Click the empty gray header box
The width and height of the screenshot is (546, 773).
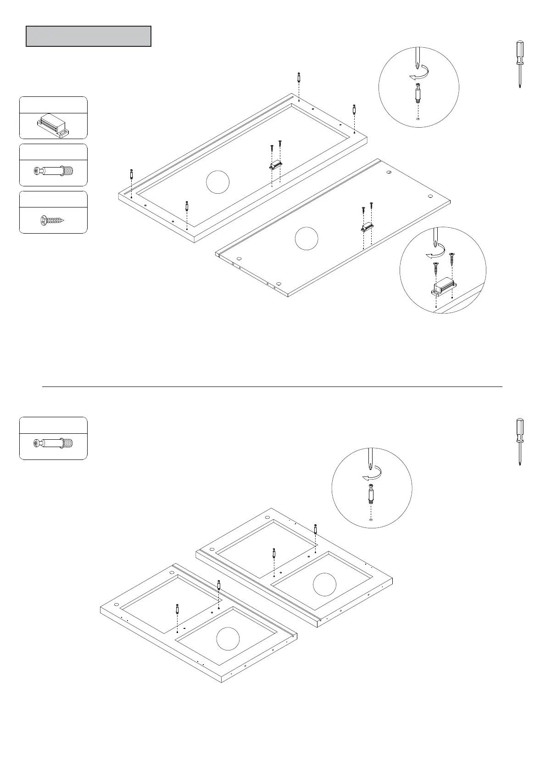click(88, 36)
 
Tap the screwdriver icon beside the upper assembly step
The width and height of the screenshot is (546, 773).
click(519, 64)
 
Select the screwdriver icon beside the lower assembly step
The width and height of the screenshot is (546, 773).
click(519, 442)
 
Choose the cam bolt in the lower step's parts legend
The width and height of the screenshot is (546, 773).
click(53, 443)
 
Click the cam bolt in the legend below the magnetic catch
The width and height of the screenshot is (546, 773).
click(53, 172)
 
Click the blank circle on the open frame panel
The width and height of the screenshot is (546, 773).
click(217, 182)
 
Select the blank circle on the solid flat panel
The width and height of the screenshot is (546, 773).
click(306, 239)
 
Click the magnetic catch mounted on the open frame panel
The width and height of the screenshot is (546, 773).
click(275, 164)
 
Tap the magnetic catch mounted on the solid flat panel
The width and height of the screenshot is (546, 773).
click(367, 227)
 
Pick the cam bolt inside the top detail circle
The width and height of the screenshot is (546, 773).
click(418, 94)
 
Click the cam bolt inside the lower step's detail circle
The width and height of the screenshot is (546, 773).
click(371, 495)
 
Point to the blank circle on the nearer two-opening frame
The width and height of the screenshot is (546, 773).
click(228, 639)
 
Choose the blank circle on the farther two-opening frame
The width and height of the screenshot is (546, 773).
click(324, 584)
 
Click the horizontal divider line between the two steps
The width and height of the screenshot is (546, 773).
click(272, 386)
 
